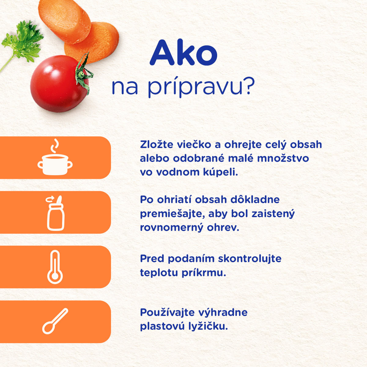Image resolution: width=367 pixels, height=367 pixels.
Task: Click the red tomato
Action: (x=59, y=84)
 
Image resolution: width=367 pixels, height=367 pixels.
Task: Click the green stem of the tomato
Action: (x=83, y=73)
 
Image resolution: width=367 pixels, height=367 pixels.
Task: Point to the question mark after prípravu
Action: (x=249, y=87)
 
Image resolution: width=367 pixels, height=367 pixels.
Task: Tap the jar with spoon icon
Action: (x=55, y=213)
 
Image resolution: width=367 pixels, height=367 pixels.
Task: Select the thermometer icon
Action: (x=55, y=267)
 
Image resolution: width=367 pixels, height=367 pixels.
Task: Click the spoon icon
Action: (x=55, y=321)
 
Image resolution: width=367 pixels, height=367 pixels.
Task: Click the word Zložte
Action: (x=157, y=145)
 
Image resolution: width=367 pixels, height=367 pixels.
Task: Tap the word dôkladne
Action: (x=255, y=200)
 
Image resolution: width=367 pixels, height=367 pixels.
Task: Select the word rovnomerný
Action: (x=172, y=228)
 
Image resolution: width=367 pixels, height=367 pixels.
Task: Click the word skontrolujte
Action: (x=250, y=259)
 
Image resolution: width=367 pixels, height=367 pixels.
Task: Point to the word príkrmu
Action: (x=204, y=273)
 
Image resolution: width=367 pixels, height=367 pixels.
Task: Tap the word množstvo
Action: (x=283, y=158)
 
